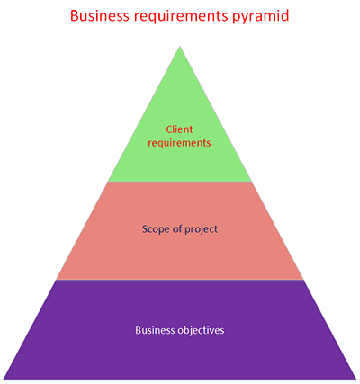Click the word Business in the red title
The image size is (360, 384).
point(101,15)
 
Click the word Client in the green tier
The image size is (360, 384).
point(181,129)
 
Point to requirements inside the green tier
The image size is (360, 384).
point(181,142)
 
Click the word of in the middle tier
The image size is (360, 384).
point(178,228)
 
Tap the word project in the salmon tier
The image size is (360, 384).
point(202,229)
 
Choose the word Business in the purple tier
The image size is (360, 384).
point(156,329)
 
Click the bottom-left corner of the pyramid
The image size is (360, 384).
point(4,378)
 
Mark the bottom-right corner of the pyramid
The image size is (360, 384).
point(356,378)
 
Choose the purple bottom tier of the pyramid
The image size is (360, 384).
point(180,355)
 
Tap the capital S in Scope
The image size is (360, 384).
point(145,228)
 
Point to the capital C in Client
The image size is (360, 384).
point(167,129)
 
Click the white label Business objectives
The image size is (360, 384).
point(180,329)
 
